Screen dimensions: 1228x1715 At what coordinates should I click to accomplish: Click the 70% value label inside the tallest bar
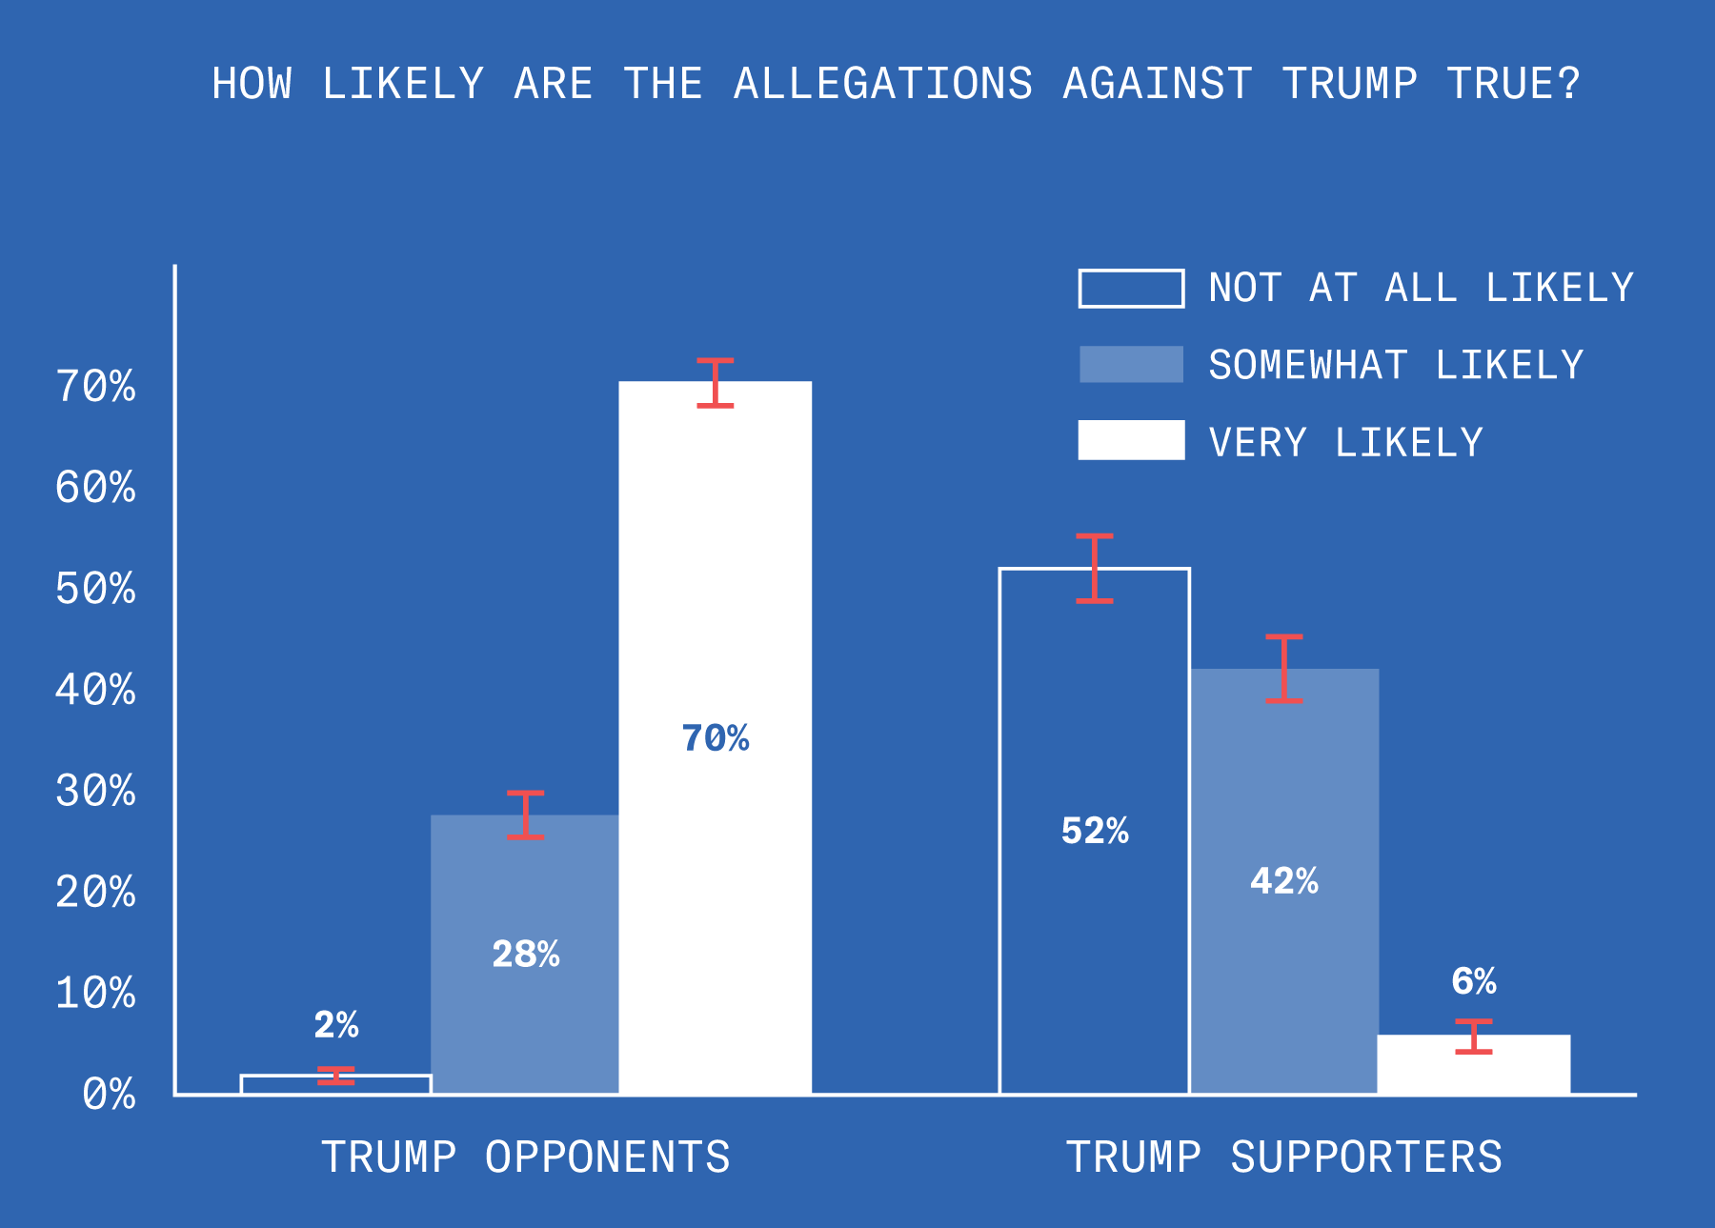[x=715, y=738]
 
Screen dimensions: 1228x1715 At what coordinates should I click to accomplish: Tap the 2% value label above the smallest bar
[x=335, y=1025]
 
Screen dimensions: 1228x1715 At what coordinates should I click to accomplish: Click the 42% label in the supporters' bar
[x=1283, y=881]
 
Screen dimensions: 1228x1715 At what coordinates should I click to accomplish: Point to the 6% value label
[x=1473, y=981]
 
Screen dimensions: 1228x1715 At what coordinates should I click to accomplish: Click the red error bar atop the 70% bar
[x=715, y=383]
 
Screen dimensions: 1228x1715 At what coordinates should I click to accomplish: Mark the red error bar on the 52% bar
[x=1094, y=568]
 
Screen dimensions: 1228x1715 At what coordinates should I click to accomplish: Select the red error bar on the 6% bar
[x=1473, y=1037]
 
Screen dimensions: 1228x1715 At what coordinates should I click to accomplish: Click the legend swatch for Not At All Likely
[x=1131, y=289]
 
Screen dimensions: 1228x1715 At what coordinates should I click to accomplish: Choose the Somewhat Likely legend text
[x=1395, y=366]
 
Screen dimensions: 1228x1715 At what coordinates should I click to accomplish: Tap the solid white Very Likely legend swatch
[x=1131, y=440]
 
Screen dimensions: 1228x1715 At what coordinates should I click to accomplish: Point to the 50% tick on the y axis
[x=95, y=589]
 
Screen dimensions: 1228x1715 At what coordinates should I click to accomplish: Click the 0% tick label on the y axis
[x=109, y=1095]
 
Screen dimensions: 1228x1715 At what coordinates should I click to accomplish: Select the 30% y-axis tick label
[x=95, y=791]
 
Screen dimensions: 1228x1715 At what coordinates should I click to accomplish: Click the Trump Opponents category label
[x=525, y=1158]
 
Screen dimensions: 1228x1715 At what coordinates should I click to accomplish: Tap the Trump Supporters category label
[x=1283, y=1158]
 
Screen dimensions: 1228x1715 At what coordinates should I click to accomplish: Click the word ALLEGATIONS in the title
[x=882, y=84]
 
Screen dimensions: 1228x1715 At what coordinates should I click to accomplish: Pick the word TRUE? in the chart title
[x=1513, y=84]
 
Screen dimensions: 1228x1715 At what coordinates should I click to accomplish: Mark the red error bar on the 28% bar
[x=525, y=815]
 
